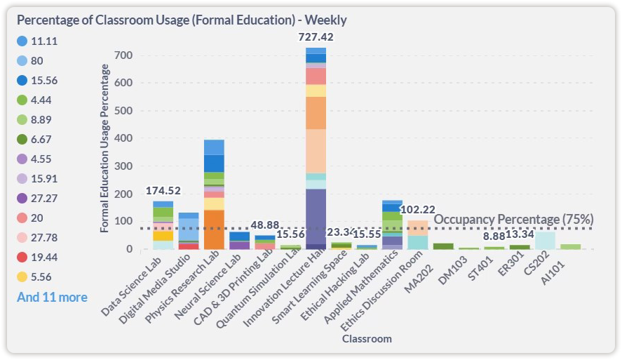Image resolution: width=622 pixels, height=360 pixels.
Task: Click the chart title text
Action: coord(182,20)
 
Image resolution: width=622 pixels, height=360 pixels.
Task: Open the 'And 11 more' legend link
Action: coord(52,298)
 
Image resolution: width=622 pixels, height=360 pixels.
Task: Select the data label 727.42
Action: coord(316,36)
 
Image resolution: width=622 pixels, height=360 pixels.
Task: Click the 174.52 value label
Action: coord(163,191)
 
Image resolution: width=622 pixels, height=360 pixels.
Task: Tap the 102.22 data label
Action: coord(419,209)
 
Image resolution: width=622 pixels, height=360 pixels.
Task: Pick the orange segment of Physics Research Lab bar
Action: coord(214,229)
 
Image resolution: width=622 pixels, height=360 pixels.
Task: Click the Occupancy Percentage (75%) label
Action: coord(514,219)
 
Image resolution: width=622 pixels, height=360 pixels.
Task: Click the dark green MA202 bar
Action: coord(443,246)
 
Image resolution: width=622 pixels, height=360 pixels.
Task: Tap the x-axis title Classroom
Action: coord(367,339)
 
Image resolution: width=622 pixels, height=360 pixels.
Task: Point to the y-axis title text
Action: coord(105,147)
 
